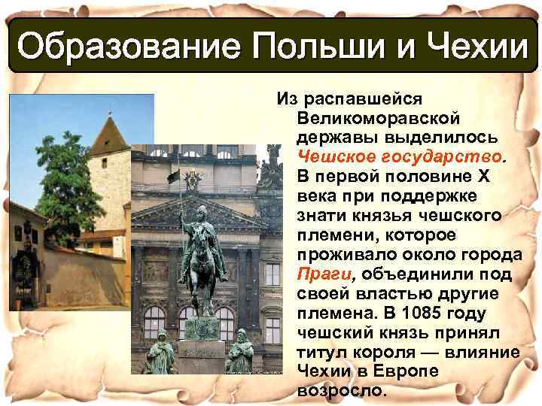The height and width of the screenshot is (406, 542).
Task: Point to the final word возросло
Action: click(341, 392)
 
